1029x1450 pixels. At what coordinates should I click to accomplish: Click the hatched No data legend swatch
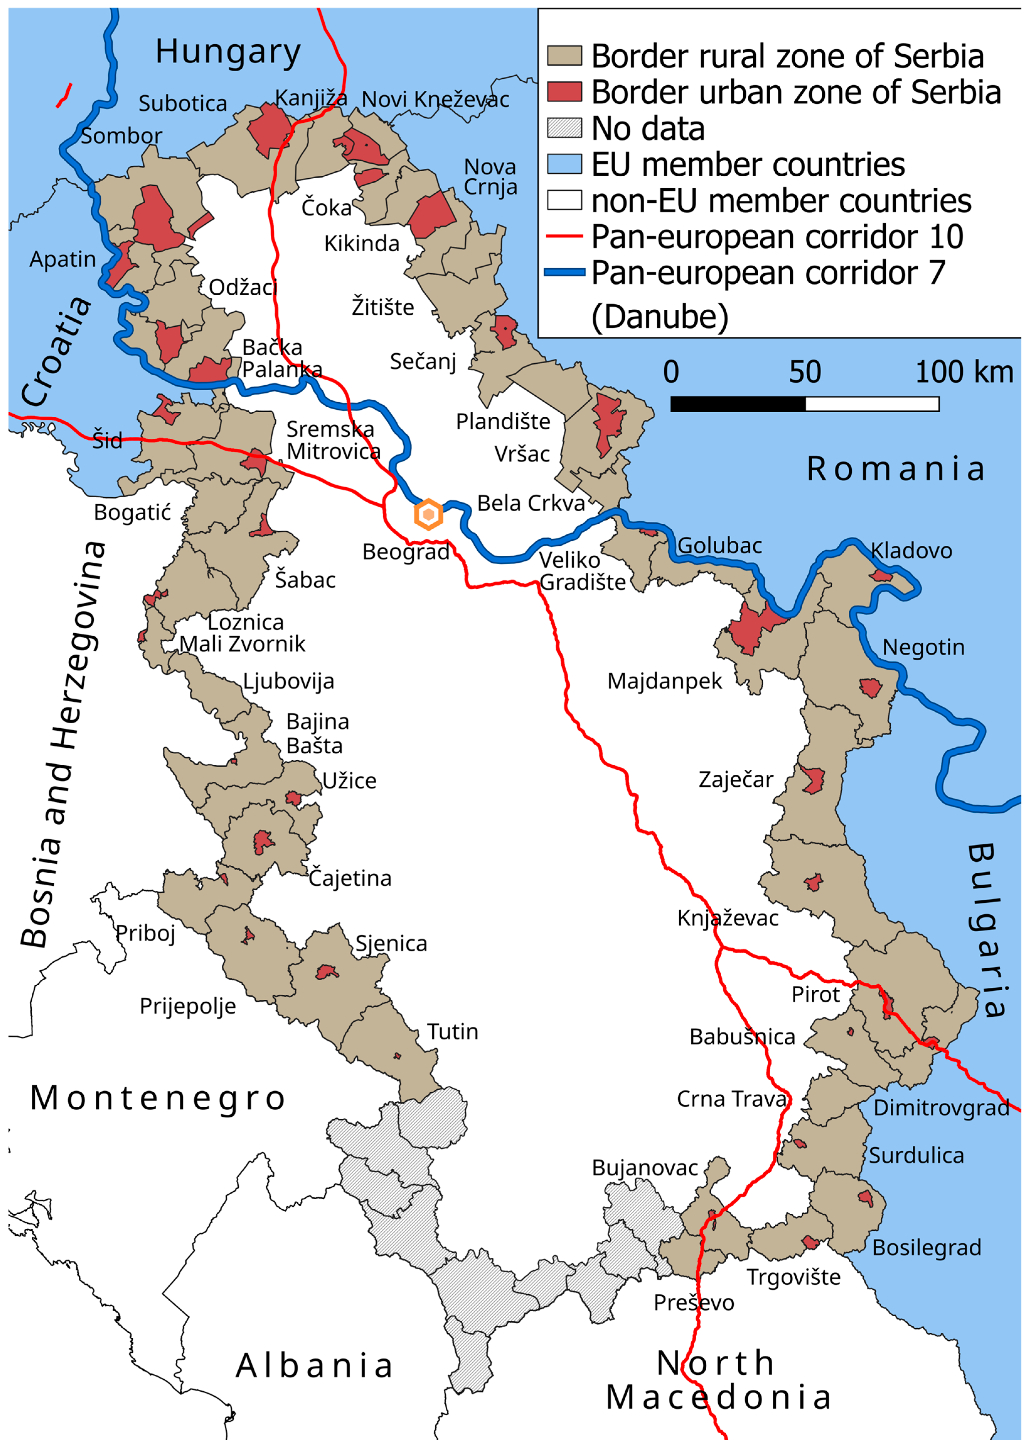[x=564, y=128]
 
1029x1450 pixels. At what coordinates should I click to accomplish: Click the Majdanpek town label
[x=664, y=681]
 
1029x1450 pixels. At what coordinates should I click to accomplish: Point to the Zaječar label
[x=736, y=779]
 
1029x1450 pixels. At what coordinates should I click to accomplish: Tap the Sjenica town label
[x=391, y=944]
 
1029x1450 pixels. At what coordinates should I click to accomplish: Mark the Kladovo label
[x=911, y=551]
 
